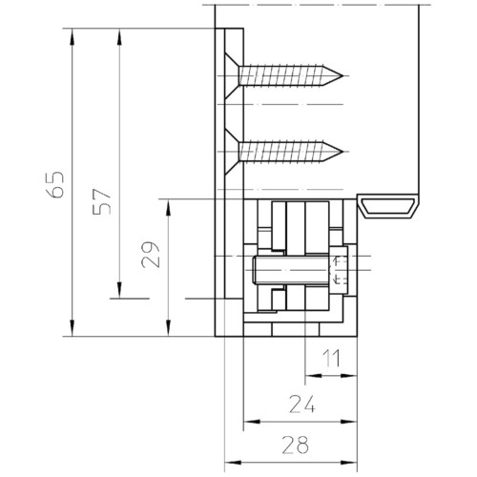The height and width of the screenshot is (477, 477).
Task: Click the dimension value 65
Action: coord(54,185)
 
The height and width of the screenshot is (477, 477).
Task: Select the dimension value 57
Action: coord(102,201)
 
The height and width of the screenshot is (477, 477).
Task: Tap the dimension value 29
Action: coord(150,255)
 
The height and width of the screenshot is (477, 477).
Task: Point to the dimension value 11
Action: coord(331,358)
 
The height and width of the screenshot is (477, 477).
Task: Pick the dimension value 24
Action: coord(302,404)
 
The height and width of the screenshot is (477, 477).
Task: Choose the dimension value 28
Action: coord(295,445)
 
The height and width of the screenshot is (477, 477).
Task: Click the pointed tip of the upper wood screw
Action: coord(343,75)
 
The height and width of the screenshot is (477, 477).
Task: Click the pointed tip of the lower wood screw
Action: coord(343,152)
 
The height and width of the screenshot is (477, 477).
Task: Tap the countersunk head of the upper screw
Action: coord(232,75)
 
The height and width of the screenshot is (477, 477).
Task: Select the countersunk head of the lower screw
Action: coord(232,152)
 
